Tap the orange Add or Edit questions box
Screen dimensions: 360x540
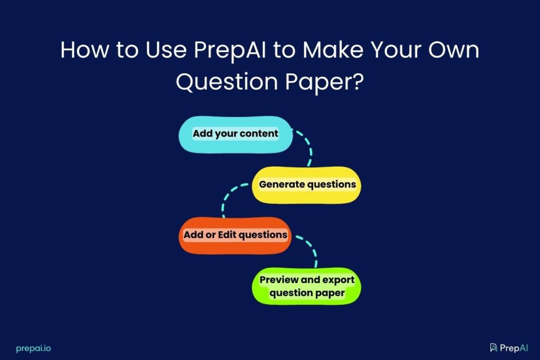(x=235, y=235)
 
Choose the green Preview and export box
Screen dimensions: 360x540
(x=306, y=286)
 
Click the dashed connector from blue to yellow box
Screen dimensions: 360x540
(x=306, y=148)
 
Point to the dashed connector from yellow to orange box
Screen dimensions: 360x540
(x=229, y=198)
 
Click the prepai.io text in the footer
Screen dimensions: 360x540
(x=33, y=348)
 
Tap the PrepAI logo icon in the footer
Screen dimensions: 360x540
(x=494, y=347)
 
